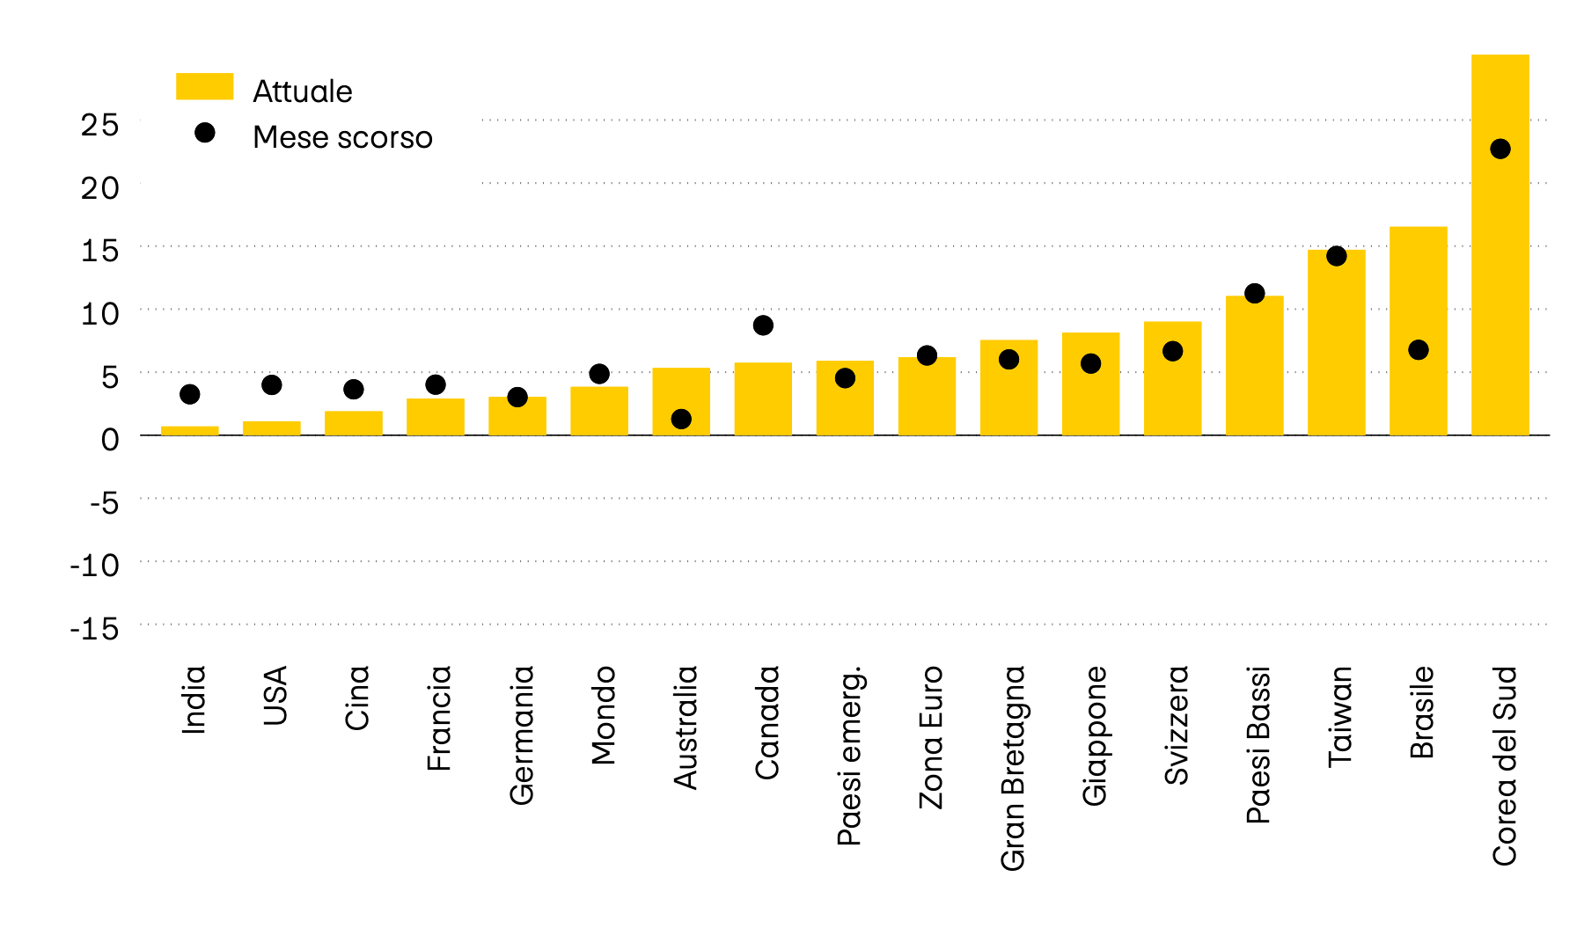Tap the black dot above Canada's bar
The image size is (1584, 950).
pos(763,325)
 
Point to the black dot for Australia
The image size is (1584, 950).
pos(681,420)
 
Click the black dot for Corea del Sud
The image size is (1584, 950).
pos(1500,149)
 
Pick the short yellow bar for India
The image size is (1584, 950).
pos(189,431)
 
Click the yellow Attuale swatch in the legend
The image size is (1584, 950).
pos(204,86)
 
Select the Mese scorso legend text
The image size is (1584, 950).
pos(342,137)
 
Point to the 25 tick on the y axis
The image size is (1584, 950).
pos(99,125)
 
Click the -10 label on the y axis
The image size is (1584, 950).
pos(94,566)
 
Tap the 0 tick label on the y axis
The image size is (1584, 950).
pos(109,439)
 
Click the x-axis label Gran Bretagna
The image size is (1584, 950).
pos(1013,768)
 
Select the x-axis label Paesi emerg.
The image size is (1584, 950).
pos(849,756)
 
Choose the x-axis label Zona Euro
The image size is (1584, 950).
pos(931,737)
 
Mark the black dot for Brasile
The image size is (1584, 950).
pos(1418,350)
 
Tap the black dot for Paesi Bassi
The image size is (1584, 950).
pos(1254,293)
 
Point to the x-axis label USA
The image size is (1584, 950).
pos(275,696)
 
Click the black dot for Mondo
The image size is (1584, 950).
pos(599,374)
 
